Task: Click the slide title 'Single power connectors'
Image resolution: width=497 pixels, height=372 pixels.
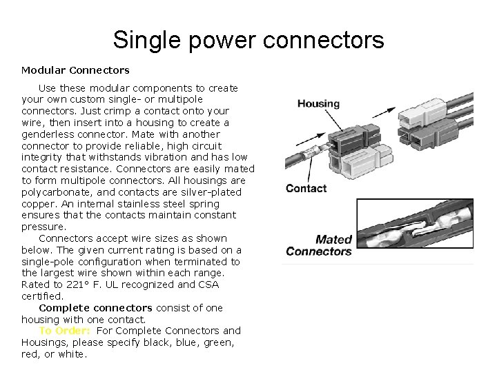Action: (248, 40)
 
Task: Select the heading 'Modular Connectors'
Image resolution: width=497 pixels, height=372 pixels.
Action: (75, 70)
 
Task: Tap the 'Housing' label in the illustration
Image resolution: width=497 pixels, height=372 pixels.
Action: (318, 104)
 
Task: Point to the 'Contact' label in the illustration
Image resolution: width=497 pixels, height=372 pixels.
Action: (306, 189)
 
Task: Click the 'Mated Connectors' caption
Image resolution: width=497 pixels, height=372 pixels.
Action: (319, 245)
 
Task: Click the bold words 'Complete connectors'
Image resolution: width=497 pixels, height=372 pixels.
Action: (95, 308)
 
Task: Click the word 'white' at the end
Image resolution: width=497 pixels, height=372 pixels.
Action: (72, 354)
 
